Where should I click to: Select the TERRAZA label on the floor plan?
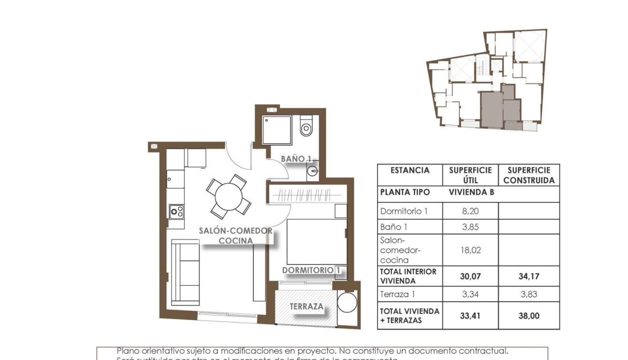pyautogui.click(x=307, y=307)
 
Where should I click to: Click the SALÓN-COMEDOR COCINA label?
pyautogui.click(x=236, y=236)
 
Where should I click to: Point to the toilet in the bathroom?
pyautogui.click(x=306, y=127)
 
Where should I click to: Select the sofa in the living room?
pyautogui.click(x=185, y=271)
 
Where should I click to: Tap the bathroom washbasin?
pyautogui.click(x=312, y=170)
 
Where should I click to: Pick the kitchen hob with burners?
pyautogui.click(x=177, y=211)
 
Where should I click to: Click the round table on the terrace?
pyautogui.click(x=347, y=302)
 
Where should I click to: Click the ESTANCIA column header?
pyautogui.click(x=410, y=170)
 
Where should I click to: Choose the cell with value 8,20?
pyautogui.click(x=470, y=211)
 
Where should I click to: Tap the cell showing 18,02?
pyautogui.click(x=470, y=250)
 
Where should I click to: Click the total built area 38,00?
pyautogui.click(x=528, y=315)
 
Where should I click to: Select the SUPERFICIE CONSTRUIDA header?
pyautogui.click(x=528, y=175)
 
